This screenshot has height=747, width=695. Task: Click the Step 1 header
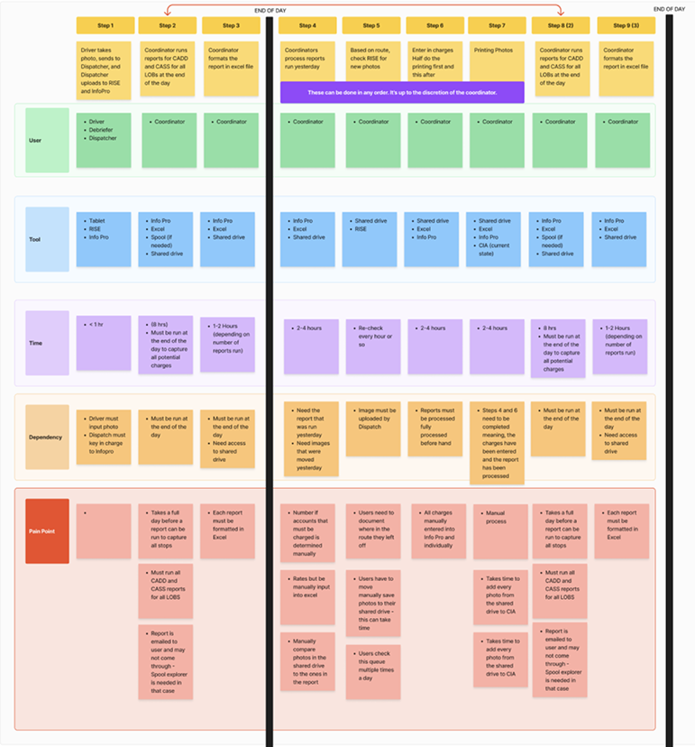coord(104,25)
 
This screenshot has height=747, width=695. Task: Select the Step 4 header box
coord(307,25)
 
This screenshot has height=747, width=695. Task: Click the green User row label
coord(47,140)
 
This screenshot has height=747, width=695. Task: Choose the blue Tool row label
coord(47,240)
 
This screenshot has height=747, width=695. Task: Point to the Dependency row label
coord(47,437)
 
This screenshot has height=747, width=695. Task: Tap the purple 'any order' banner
coord(401,92)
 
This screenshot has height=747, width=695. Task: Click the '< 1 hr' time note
coord(104,343)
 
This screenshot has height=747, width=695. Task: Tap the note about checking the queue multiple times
coord(372,670)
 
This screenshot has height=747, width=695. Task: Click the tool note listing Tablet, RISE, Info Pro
coord(104,239)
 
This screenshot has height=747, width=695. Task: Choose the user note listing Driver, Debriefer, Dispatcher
coord(104,140)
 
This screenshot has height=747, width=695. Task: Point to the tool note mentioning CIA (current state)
coord(497,239)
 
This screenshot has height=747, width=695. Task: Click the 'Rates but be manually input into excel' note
coord(307,596)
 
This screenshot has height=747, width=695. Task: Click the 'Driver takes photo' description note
coord(104,68)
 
